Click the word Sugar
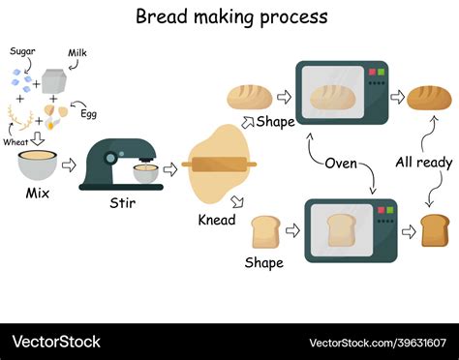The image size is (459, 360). point(22,50)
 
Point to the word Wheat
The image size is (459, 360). point(15,141)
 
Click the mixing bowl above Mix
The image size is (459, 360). point(39,165)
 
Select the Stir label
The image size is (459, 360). point(123,203)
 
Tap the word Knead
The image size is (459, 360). point(217,220)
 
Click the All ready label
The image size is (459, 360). point(423,162)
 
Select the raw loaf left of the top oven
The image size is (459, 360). point(250,96)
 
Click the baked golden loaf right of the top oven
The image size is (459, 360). point(429,97)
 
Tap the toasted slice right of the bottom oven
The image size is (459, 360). point(435,228)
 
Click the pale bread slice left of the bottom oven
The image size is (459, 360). point(265,232)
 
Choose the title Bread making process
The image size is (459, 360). point(230,16)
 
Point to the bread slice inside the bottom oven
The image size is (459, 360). point(340,230)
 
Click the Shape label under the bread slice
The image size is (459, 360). point(263,262)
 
